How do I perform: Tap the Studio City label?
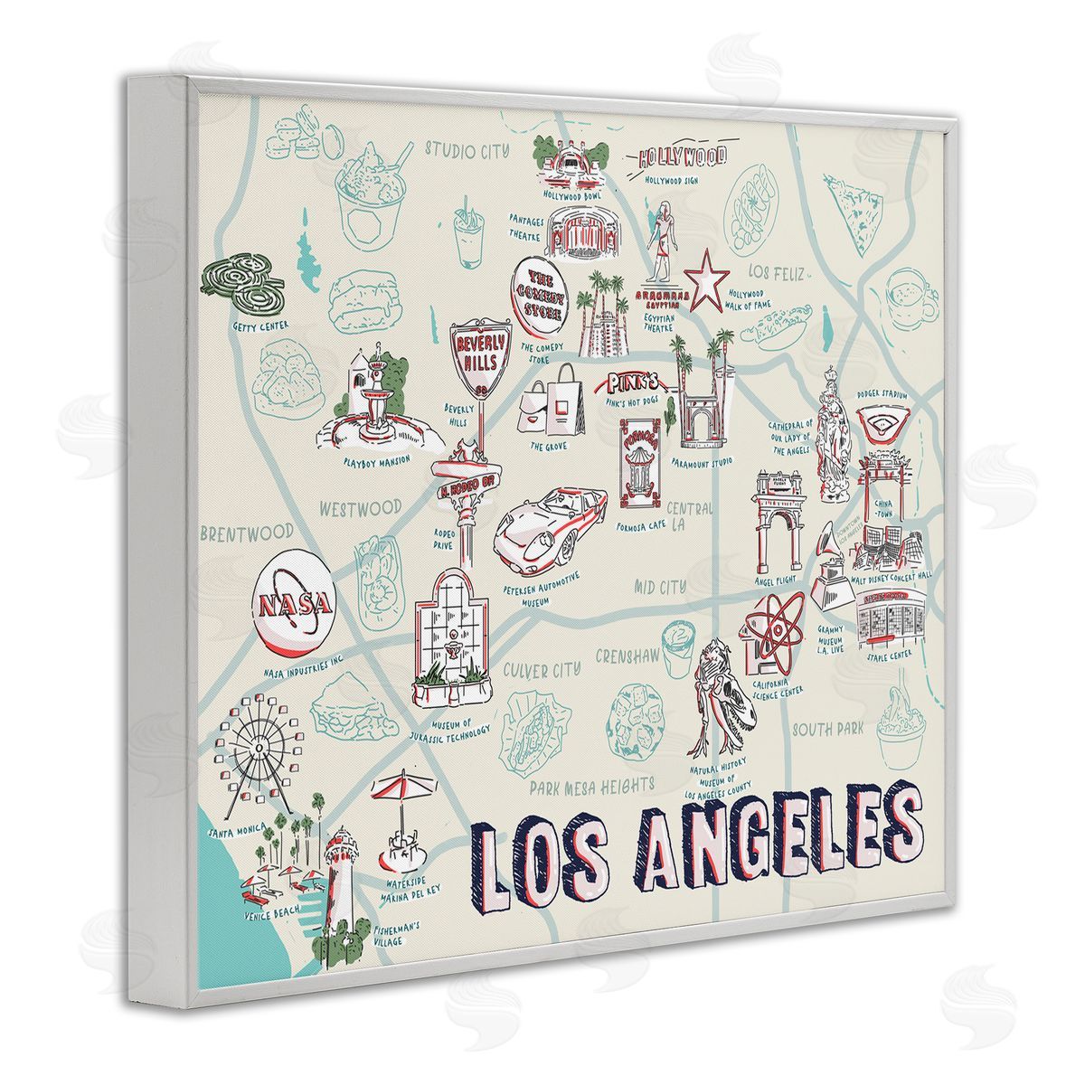467,150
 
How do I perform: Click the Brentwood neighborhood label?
248,533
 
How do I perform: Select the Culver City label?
542,670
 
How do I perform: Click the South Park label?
827,729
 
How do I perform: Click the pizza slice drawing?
857,203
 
